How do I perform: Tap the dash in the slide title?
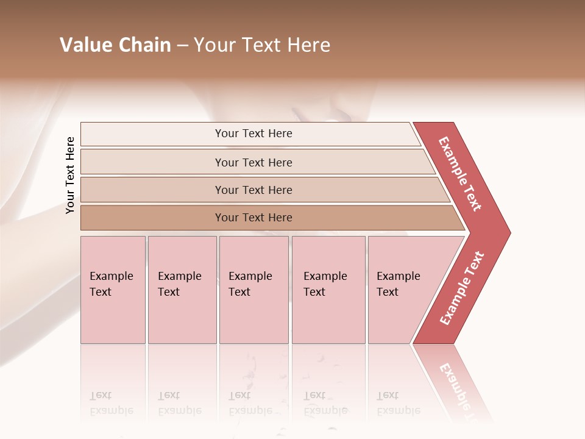[182, 46]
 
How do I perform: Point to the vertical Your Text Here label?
[70, 175]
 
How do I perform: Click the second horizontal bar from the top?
[253, 162]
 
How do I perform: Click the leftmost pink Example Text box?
[113, 290]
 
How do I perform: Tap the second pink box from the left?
[182, 290]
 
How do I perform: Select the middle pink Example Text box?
[253, 290]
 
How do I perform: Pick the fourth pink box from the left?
[328, 290]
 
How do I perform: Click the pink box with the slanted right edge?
[402, 290]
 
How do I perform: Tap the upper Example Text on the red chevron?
[460, 174]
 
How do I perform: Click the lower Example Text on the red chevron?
[462, 288]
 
